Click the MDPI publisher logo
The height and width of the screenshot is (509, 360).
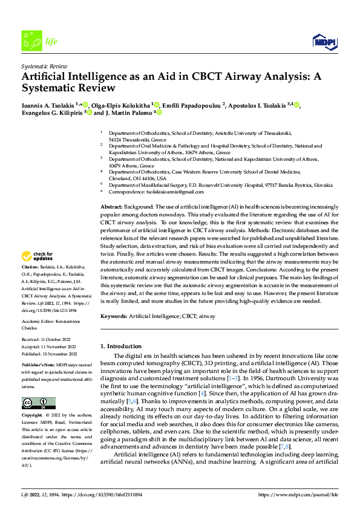pos(326,41)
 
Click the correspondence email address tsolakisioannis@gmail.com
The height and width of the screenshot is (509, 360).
pos(169,192)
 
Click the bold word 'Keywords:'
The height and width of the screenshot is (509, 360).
pos(114,317)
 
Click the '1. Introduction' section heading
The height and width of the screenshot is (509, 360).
pos(120,346)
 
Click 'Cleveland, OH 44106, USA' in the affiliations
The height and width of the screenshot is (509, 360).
pos(137,178)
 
